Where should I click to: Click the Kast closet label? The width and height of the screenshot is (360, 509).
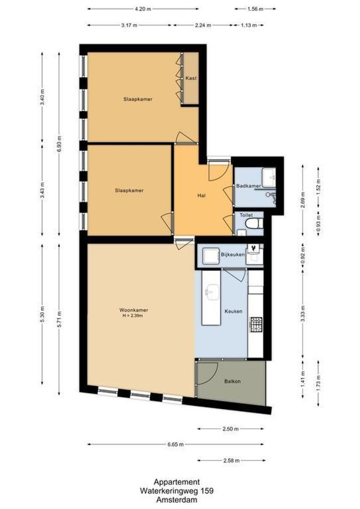tap(191, 78)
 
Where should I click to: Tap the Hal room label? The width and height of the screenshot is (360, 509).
tap(203, 195)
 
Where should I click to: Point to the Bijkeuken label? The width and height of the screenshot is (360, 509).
tap(233, 255)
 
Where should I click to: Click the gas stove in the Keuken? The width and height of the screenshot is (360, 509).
tap(255, 324)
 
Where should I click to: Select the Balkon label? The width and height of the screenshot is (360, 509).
tap(232, 381)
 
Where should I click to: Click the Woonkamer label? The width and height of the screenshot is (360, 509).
tap(134, 310)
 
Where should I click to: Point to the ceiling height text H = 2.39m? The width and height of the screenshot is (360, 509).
tap(134, 316)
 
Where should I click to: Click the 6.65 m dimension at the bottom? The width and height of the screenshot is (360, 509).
tap(175, 444)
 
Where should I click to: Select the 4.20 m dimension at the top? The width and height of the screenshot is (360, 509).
tap(143, 8)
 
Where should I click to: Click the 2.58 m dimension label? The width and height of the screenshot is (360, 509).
tap(231, 460)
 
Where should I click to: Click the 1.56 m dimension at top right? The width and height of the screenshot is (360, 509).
tap(255, 8)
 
